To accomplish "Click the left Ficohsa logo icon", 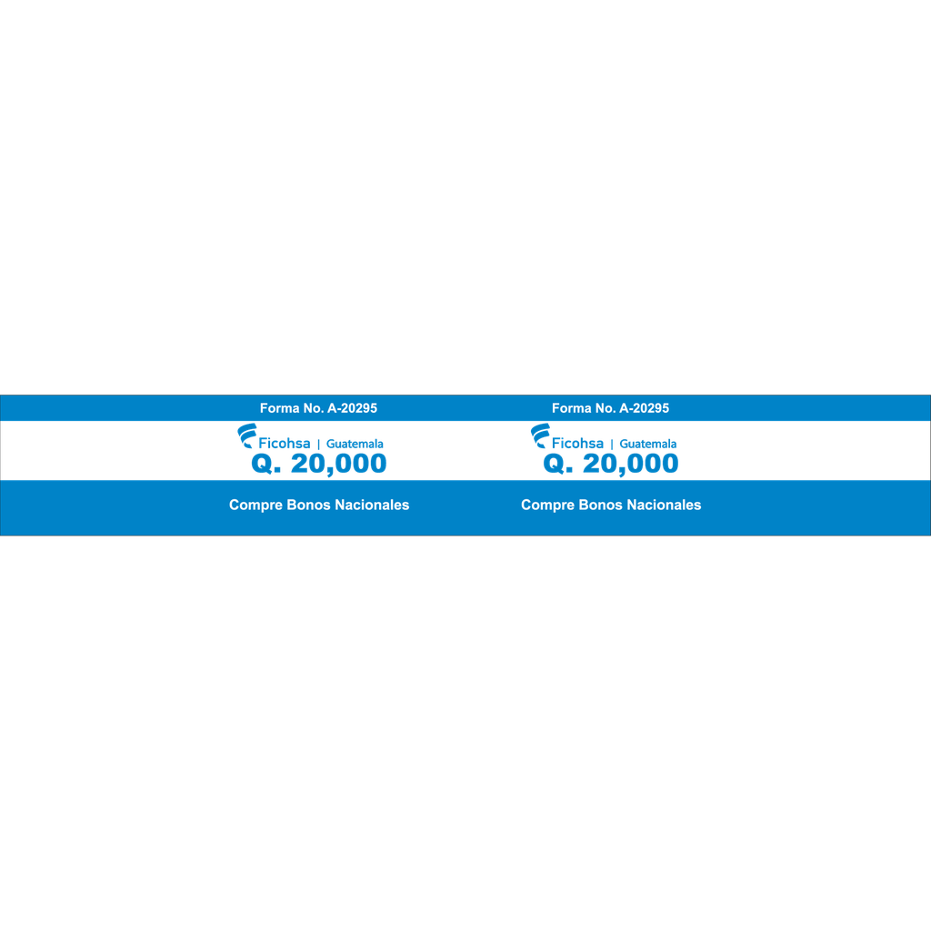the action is (x=247, y=435).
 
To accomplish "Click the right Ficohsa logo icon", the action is (x=540, y=435).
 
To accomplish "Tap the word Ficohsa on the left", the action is (x=285, y=443).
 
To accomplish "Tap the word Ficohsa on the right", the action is (x=577, y=443).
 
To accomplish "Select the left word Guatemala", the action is (x=355, y=444).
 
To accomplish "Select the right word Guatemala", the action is (x=648, y=444).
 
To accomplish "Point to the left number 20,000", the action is (x=338, y=464).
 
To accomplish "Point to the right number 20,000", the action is (x=631, y=464).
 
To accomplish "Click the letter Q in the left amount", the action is (x=262, y=463).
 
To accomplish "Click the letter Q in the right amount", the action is (x=554, y=463).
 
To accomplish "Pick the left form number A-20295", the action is (x=352, y=408).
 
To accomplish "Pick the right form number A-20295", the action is (x=645, y=408).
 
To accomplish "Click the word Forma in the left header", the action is (x=280, y=408).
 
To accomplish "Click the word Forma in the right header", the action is (x=572, y=408).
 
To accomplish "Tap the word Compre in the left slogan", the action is (x=255, y=506).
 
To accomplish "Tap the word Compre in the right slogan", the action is (x=548, y=506).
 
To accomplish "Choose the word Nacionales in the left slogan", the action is (x=372, y=505).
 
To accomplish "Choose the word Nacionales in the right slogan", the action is (x=665, y=505).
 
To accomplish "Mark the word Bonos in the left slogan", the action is (x=309, y=505).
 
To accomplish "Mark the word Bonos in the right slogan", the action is (x=601, y=505).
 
